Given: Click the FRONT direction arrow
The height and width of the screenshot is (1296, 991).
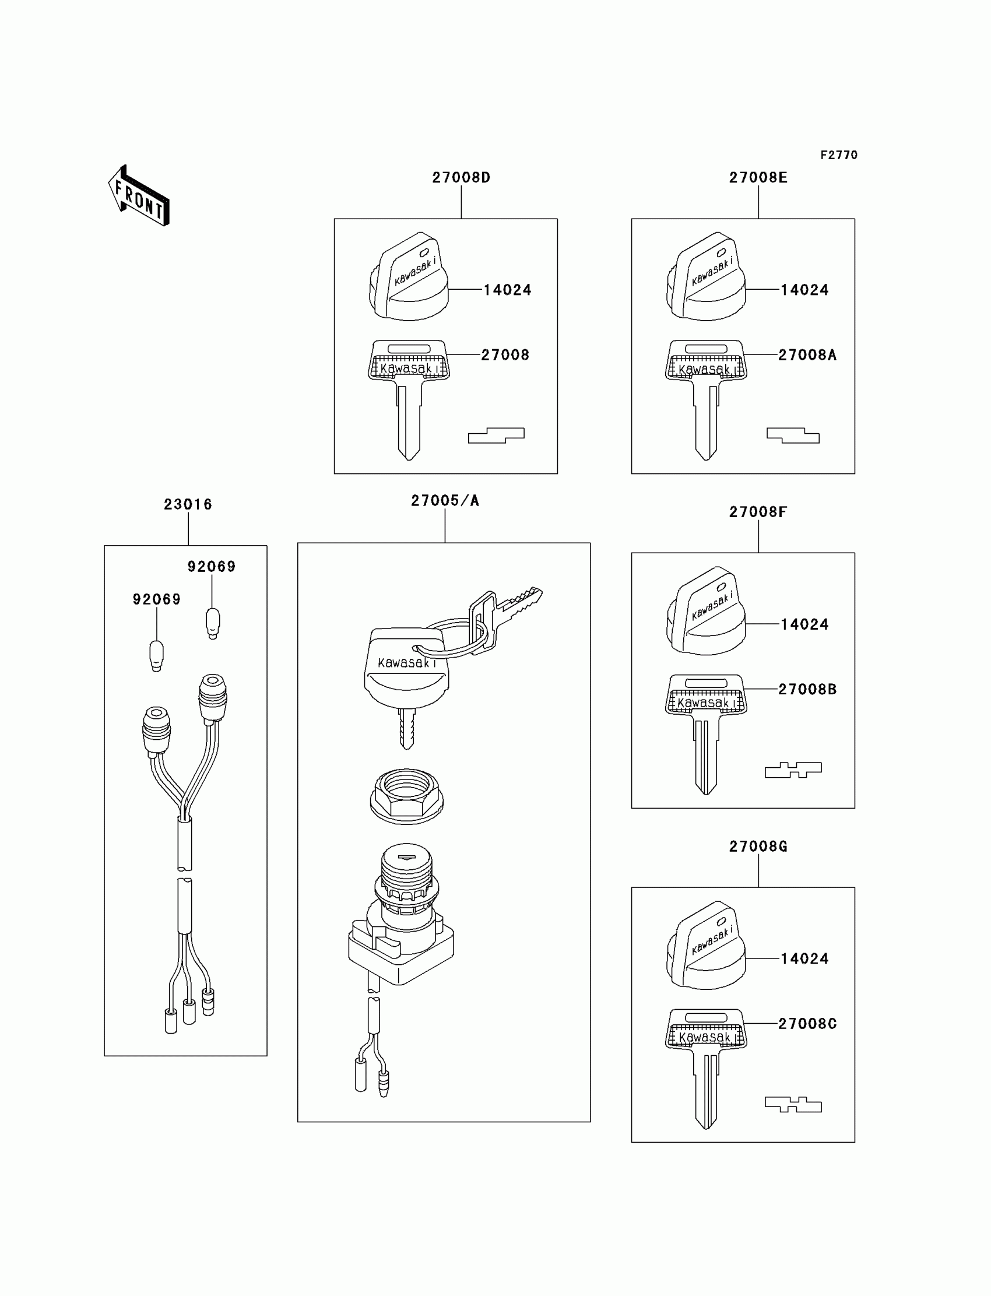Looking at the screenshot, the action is pos(139,196).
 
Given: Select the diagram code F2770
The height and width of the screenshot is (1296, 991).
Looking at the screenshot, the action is pos(838,155).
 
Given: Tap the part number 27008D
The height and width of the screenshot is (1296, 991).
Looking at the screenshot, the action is pos(461,178).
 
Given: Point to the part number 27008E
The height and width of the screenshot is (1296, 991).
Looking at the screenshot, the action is pos(758,178).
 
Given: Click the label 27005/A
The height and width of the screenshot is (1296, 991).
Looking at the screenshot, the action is pos(445,501).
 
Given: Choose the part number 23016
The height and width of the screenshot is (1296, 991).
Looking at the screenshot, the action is pos(188,504).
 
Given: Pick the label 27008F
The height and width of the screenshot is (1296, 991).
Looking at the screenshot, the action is pos(758,512).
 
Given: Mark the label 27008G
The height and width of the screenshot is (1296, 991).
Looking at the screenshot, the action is pos(758,847).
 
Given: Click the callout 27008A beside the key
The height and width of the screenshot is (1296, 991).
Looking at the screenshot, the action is pos(807,355).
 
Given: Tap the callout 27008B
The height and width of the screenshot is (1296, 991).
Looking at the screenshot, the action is pos(807,689).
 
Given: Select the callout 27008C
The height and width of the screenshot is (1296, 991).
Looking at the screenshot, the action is pos(807,1024).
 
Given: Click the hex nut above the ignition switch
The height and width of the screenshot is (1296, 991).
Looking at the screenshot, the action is pos(406,796).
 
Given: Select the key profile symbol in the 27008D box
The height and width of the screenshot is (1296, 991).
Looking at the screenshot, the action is pos(495,435).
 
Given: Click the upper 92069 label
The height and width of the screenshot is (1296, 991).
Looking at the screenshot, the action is pos(211,567).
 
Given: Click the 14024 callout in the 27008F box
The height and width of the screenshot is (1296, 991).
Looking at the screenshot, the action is pos(804,624).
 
